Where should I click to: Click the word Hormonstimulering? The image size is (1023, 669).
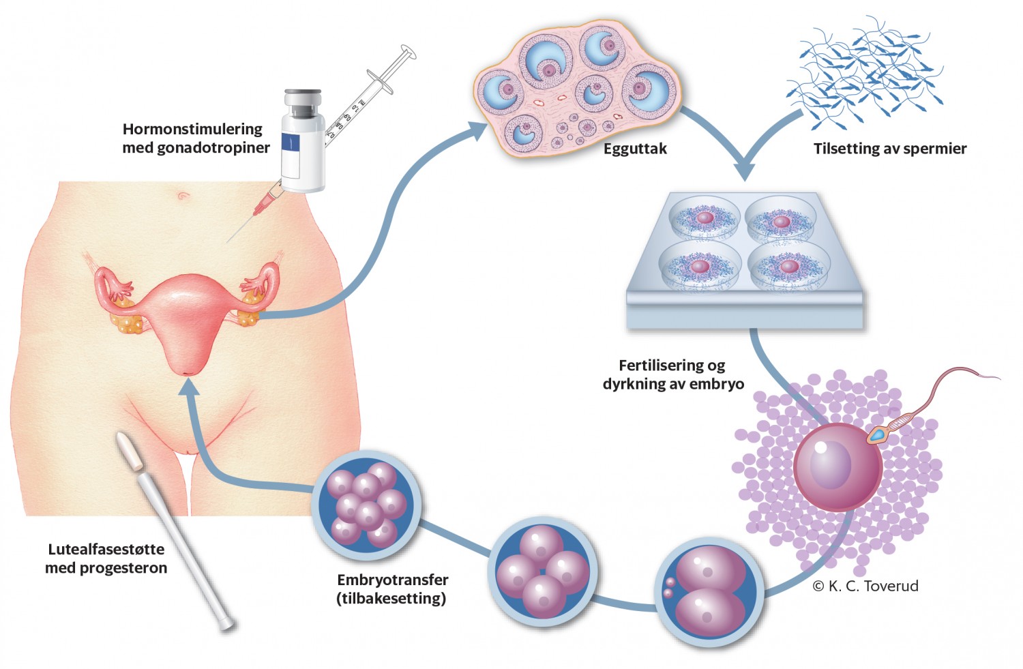192,129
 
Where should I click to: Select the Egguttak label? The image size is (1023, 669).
635,149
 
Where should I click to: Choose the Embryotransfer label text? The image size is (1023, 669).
393,580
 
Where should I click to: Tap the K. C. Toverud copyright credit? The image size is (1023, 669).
865,586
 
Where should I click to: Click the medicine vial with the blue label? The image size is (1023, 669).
303,140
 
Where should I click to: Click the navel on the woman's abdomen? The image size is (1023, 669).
183,196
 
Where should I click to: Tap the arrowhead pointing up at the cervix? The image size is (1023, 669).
189,387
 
